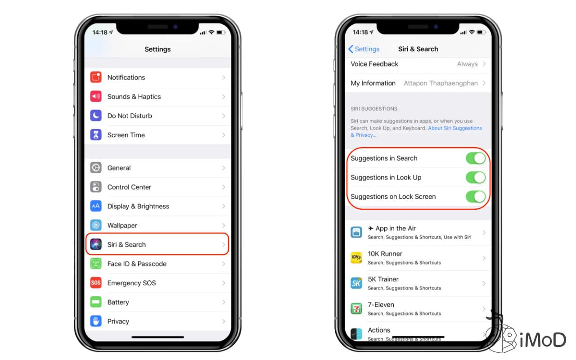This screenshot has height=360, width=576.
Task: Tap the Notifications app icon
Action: tap(96, 77)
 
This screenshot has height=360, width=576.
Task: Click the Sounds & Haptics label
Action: tap(134, 97)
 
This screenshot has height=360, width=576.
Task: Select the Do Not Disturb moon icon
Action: tap(96, 116)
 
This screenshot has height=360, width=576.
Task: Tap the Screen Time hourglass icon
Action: tap(96, 135)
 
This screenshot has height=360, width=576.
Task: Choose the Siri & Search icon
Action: tap(96, 244)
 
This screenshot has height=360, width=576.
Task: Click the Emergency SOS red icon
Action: tap(96, 283)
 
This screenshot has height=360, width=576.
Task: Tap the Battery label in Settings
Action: tap(118, 302)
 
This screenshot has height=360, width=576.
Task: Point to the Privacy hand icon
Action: tap(96, 321)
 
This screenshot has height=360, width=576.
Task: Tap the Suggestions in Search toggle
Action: tap(475, 158)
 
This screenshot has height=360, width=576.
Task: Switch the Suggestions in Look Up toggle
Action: tap(475, 177)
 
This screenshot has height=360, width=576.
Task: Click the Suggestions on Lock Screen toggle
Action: tap(475, 197)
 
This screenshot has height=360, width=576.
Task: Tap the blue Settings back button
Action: tap(364, 49)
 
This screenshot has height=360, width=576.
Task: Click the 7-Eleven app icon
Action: tap(356, 309)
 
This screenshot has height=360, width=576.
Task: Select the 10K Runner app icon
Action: tap(356, 258)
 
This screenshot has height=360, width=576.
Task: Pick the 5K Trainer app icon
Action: tap(356, 283)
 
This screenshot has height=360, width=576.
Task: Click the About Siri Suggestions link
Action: tap(454, 128)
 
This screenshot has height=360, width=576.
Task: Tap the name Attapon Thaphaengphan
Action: tap(441, 83)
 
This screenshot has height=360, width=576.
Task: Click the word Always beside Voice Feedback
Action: tap(467, 64)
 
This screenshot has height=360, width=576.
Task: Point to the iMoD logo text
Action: tap(542, 340)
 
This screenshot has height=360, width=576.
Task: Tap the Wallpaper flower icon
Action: tap(96, 225)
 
